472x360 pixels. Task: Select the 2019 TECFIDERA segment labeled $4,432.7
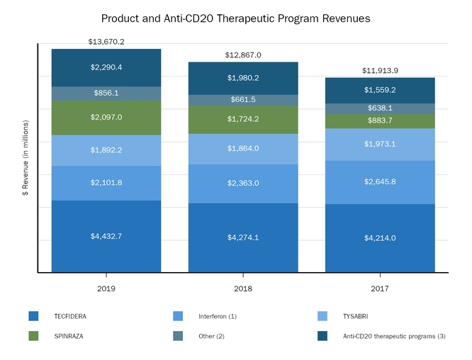[x=106, y=236]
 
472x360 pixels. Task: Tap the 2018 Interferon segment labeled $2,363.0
[x=243, y=184]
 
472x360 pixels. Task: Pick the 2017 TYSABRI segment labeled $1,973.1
[x=380, y=145]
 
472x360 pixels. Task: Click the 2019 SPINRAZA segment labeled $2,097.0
[x=106, y=118]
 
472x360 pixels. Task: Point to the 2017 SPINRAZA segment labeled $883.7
[x=380, y=121]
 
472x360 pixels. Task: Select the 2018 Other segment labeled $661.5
[x=243, y=100]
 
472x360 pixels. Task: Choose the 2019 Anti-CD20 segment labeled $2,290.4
[x=106, y=68]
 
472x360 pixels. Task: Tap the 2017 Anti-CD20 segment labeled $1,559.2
[x=380, y=90]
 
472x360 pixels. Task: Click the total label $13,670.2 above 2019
[x=106, y=42]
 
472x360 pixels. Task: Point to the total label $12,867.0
[x=243, y=55]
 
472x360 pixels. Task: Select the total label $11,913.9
[x=380, y=70]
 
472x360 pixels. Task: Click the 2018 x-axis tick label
[x=243, y=289]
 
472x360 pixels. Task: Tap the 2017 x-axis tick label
[x=380, y=289]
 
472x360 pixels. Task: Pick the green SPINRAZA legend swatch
[x=33, y=335]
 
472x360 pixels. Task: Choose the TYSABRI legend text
[x=354, y=315]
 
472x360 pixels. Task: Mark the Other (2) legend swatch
[x=177, y=335]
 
